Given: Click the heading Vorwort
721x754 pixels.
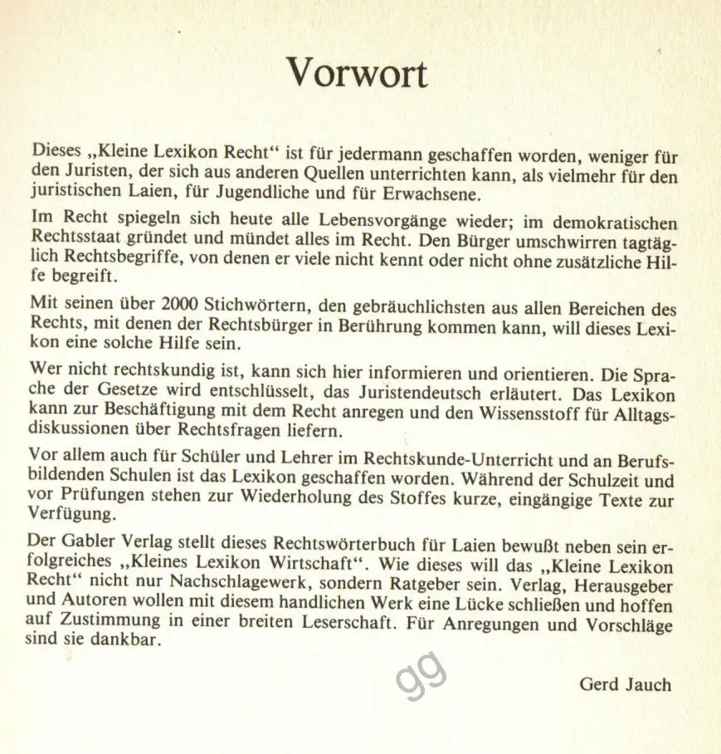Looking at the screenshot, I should pyautogui.click(x=358, y=74).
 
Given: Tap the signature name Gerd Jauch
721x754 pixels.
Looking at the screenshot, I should pyautogui.click(x=625, y=684).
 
